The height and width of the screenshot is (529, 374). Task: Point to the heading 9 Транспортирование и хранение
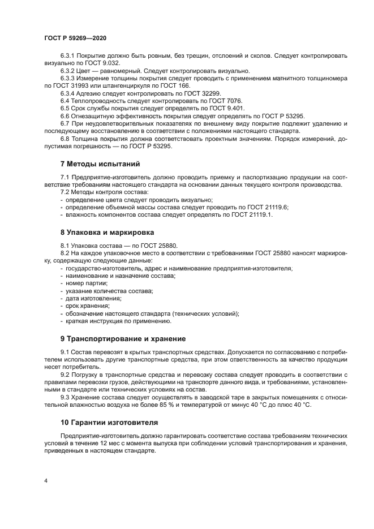123,338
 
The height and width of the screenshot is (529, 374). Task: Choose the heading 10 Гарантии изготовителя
109,422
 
